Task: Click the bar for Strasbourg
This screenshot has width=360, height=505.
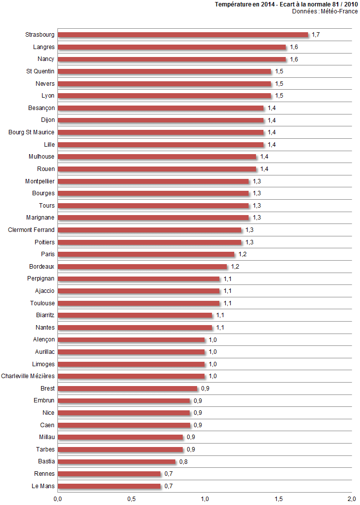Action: tap(183, 35)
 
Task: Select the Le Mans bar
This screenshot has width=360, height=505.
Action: tap(109, 486)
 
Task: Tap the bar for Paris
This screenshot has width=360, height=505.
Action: tap(146, 254)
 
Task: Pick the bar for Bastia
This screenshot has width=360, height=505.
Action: tap(117, 461)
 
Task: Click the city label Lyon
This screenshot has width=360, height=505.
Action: tap(48, 96)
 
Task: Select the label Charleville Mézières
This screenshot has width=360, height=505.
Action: tap(28, 376)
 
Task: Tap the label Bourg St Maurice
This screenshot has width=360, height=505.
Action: tap(32, 132)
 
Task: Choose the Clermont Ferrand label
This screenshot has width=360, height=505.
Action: tap(32, 230)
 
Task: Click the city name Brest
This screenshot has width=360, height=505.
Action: tap(48, 389)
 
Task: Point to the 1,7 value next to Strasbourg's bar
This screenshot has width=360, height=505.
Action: tap(316, 35)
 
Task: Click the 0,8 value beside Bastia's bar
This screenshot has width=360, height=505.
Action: tap(183, 461)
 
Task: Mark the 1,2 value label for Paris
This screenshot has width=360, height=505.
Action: tap(242, 254)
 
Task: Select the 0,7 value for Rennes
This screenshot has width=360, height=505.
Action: tap(168, 474)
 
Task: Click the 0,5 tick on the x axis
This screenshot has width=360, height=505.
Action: tap(131, 498)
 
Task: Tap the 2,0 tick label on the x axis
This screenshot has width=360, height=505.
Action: tap(352, 498)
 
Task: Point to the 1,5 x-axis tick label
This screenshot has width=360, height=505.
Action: tap(278, 498)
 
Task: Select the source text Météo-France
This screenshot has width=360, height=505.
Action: tap(339, 11)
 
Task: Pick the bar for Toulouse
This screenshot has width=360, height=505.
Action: tap(139, 303)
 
